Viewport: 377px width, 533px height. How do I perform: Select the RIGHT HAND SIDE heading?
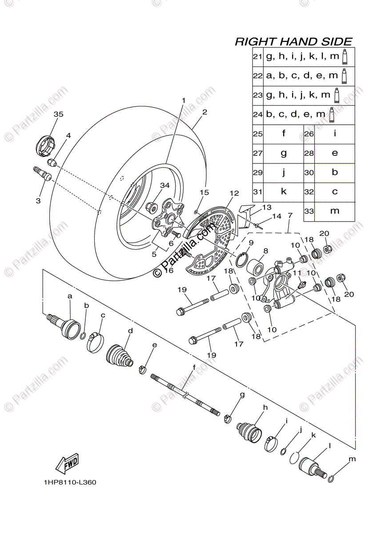[x=293, y=42]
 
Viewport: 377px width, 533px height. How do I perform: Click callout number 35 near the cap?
[x=58, y=114]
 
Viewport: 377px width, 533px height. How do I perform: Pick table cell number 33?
[x=309, y=211]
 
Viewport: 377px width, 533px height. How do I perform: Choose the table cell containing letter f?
[x=284, y=133]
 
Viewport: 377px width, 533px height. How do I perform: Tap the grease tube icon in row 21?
[x=344, y=57]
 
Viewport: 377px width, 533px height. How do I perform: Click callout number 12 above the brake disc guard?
[x=234, y=193]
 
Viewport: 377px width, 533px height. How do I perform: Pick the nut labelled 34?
[x=152, y=206]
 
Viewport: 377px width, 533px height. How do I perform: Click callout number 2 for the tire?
[x=205, y=112]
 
